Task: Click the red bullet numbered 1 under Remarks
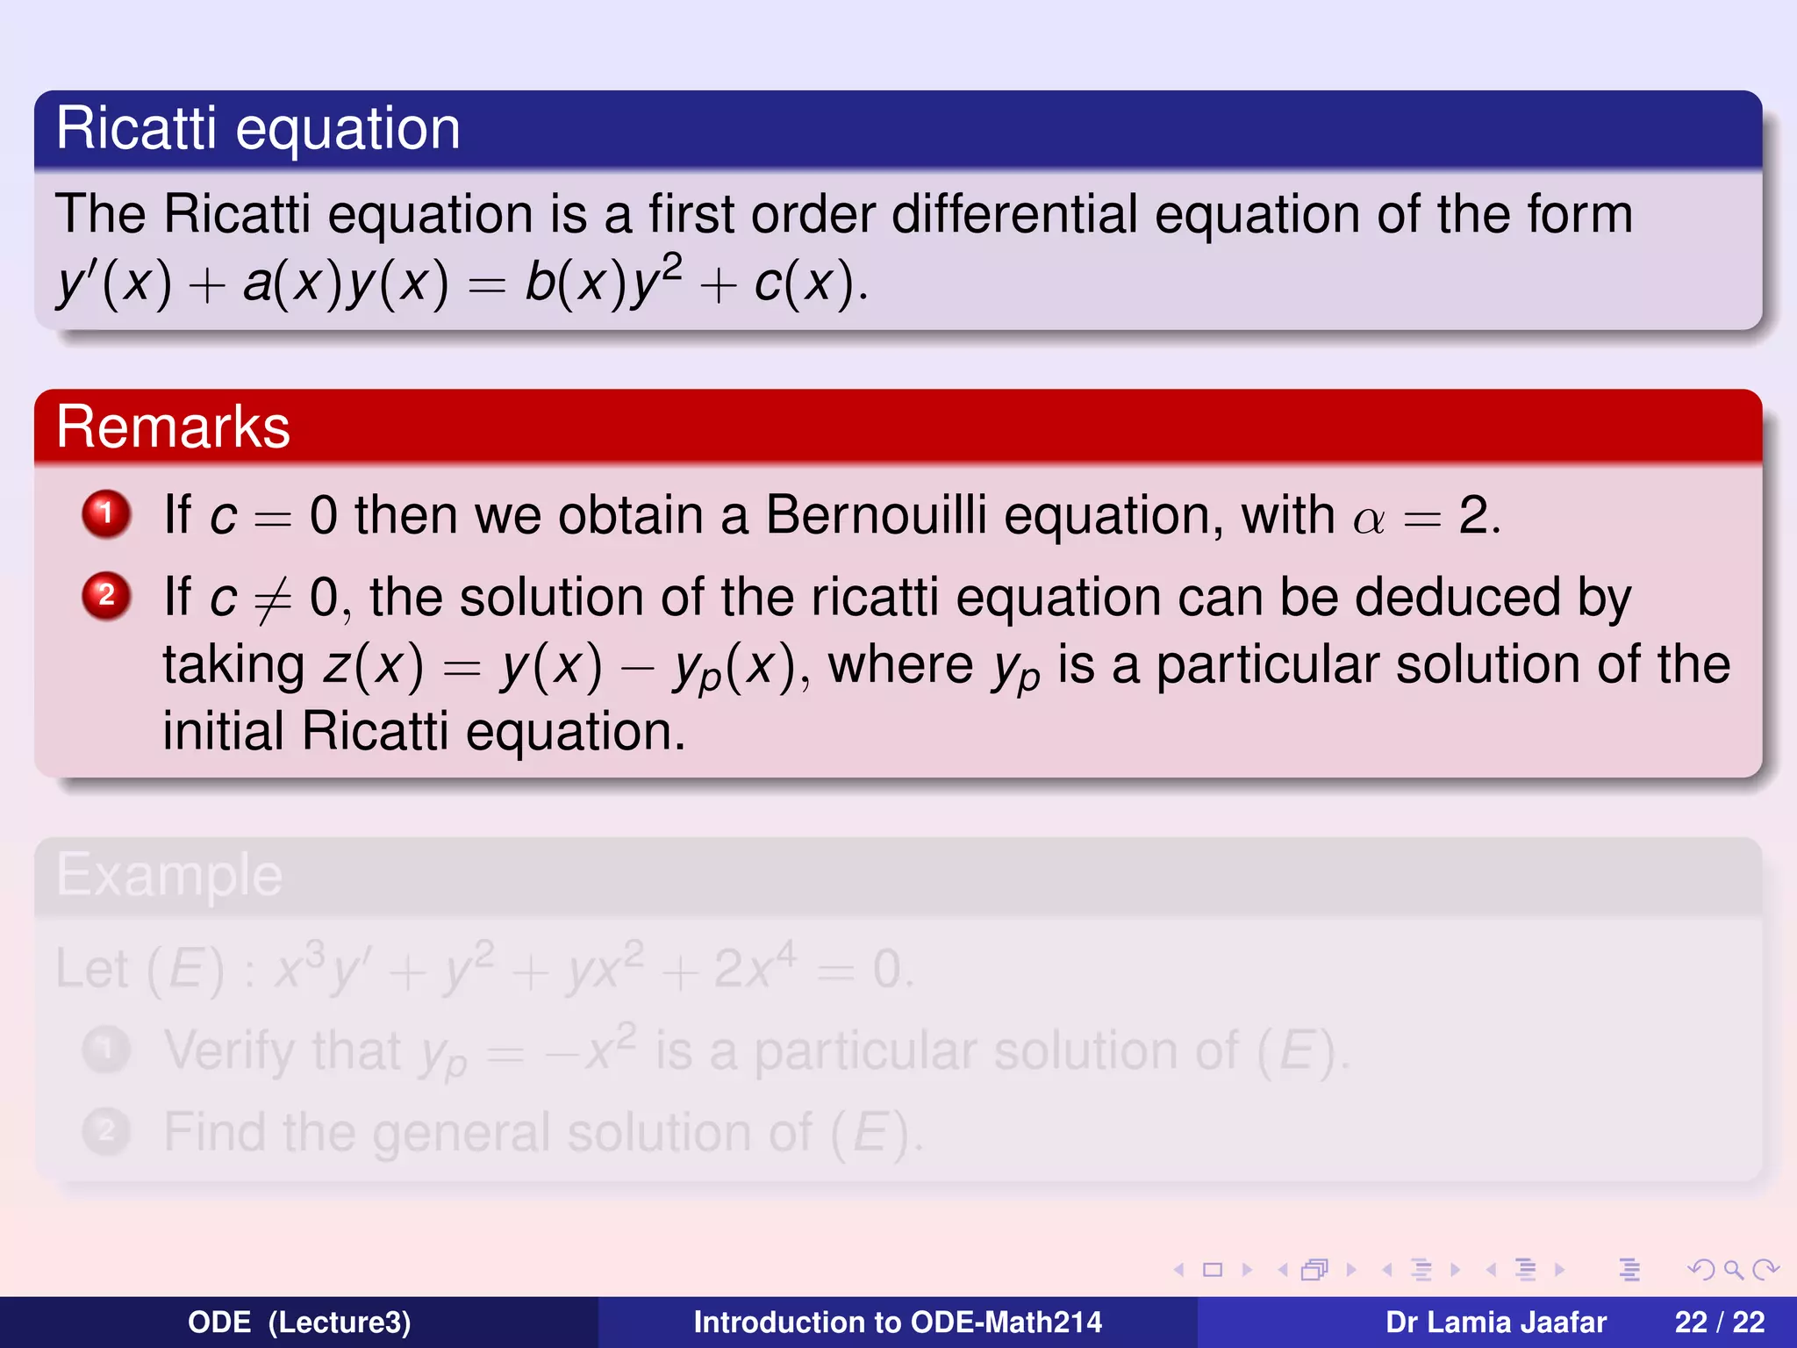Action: [106, 513]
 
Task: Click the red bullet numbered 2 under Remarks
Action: [106, 596]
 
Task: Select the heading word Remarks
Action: [173, 427]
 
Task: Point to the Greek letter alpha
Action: [1369, 520]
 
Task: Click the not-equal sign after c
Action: [272, 600]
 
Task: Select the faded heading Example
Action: [169, 875]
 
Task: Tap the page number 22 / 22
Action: [1719, 1322]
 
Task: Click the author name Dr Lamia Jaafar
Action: [1495, 1322]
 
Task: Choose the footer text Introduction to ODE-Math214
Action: [898, 1322]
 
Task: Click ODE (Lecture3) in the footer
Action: [299, 1322]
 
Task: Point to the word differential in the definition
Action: [1013, 214]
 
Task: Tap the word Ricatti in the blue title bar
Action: [136, 128]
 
